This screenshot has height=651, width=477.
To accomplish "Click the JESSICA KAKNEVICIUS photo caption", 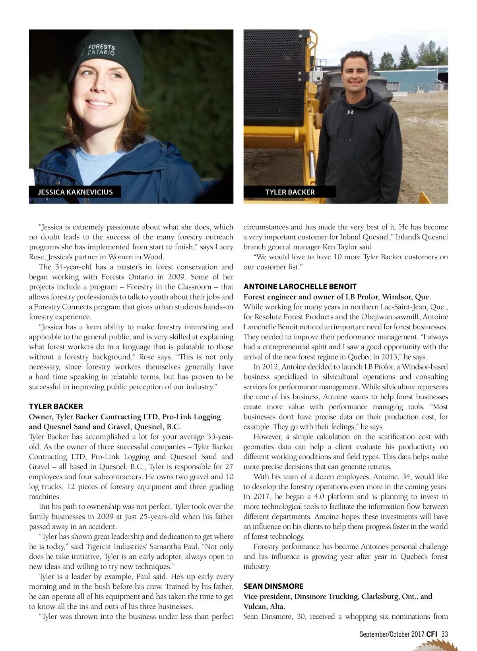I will pyautogui.click(x=75, y=192).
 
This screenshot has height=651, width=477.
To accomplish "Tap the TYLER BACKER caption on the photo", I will pyautogui.click(x=290, y=192).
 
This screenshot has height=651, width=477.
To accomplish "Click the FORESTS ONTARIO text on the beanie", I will pyautogui.click(x=101, y=50).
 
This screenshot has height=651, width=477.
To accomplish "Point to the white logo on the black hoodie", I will pyautogui.click(x=350, y=112).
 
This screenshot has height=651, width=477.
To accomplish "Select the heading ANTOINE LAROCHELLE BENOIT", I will pyautogui.click(x=300, y=286).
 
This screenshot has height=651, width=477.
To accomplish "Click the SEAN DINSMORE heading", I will pyautogui.click(x=273, y=586).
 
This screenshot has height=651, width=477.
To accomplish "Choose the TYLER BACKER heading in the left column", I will pyautogui.click(x=56, y=406).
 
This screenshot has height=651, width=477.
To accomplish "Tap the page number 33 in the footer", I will pyautogui.click(x=444, y=634).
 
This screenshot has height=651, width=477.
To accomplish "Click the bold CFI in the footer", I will pyautogui.click(x=432, y=634).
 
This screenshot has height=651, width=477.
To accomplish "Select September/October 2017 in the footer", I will pyautogui.click(x=392, y=634).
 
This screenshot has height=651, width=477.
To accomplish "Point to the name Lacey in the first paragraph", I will pyautogui.click(x=224, y=247).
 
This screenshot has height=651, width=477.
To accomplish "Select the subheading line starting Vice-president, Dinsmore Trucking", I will pyautogui.click(x=338, y=597).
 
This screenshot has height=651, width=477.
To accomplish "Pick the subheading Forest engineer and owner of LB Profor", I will pyautogui.click(x=337, y=297).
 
